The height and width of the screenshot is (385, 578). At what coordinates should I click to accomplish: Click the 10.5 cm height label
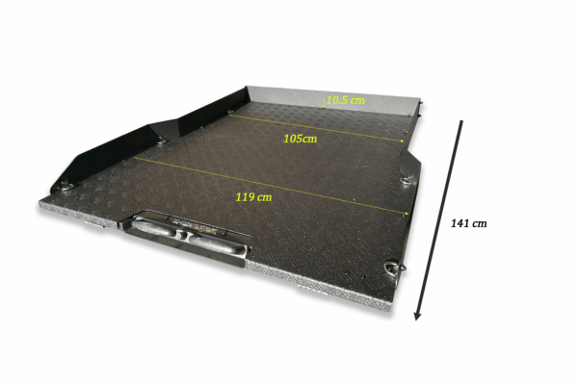coord(346,100)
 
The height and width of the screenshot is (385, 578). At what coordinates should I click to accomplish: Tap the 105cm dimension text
coord(300,139)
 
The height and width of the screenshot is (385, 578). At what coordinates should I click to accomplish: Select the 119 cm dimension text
coord(254,197)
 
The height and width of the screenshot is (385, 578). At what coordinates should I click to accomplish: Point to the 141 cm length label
coord(468,223)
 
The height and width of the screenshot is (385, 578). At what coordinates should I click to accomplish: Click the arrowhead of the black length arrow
coord(417,316)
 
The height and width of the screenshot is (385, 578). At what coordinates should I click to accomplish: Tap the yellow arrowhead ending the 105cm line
coord(402,141)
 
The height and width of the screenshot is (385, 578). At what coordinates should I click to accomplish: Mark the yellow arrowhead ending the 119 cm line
coord(407,213)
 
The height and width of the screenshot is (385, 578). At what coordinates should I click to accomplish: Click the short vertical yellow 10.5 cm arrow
coord(324,99)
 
